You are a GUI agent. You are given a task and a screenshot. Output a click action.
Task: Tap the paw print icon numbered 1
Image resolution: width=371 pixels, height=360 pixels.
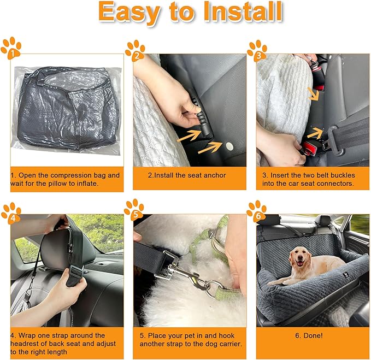pos(11,48)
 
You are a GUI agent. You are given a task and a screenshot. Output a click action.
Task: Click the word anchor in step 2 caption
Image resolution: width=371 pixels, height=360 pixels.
pos(214,175)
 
